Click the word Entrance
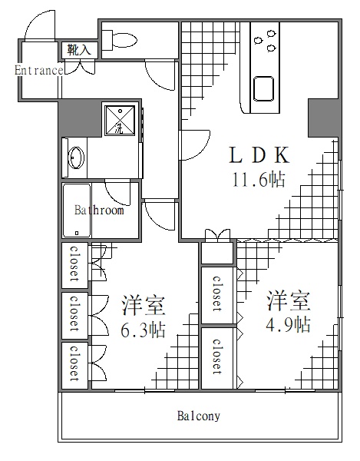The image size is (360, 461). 38,70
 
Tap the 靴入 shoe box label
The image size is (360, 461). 78,49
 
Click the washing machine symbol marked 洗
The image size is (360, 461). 119,121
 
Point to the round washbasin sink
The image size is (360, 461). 75,158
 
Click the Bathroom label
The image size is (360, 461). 99,210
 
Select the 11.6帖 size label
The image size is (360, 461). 258,181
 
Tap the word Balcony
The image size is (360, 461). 199,416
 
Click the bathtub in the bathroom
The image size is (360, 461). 75,211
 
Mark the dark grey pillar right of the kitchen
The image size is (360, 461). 322,118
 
